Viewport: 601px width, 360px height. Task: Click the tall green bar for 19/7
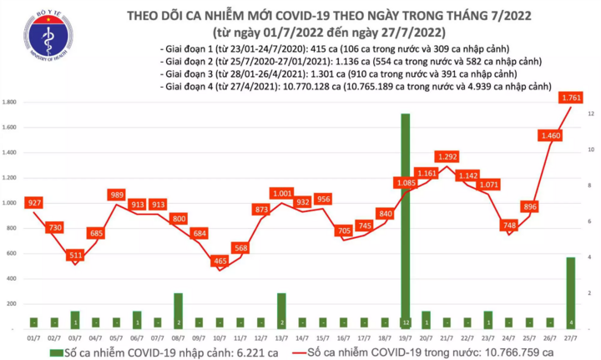click(x=406, y=221)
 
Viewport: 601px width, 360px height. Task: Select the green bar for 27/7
click(x=571, y=292)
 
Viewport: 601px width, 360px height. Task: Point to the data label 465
click(x=220, y=261)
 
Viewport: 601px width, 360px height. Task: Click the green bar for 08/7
click(x=178, y=310)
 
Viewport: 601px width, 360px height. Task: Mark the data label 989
click(x=116, y=195)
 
